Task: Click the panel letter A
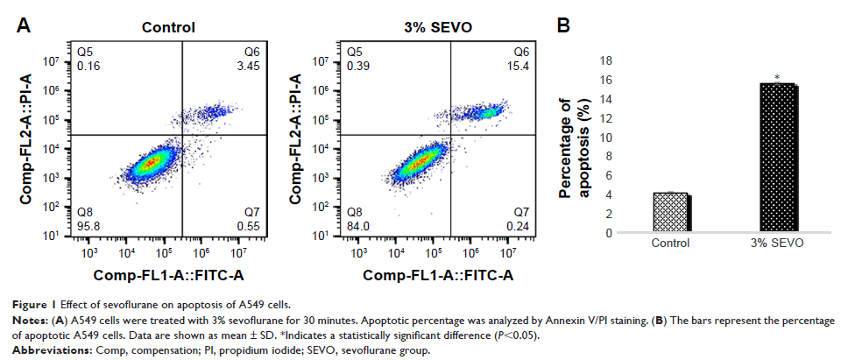pyautogui.click(x=25, y=26)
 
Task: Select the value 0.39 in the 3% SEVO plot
pyautogui.click(x=357, y=66)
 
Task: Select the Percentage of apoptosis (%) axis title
pyautogui.click(x=578, y=147)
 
